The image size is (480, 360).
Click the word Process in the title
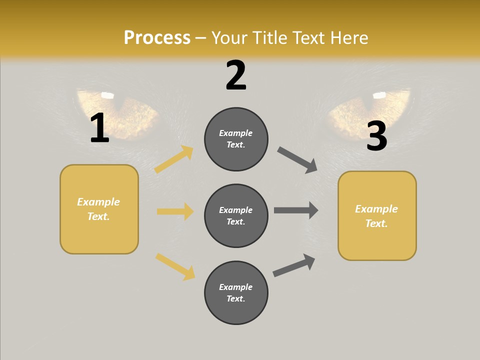pyautogui.click(x=157, y=38)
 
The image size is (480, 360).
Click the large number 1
pyautogui.click(x=99, y=128)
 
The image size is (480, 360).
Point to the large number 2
pyautogui.click(x=236, y=75)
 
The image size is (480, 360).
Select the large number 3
pyautogui.click(x=376, y=136)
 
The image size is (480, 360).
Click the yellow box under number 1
pyautogui.click(x=99, y=209)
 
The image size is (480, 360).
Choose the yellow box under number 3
pyautogui.click(x=377, y=215)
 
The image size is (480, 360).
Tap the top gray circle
pyautogui.click(x=236, y=139)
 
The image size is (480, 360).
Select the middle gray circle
pyautogui.click(x=236, y=215)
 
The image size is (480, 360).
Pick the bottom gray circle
pyautogui.click(x=236, y=292)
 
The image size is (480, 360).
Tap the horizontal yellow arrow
pyautogui.click(x=175, y=211)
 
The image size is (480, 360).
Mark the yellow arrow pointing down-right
pyautogui.click(x=175, y=266)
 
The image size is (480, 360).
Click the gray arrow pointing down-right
pyautogui.click(x=297, y=160)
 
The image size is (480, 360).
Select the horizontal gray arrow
pyautogui.click(x=296, y=210)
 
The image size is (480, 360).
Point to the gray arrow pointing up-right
pyautogui.click(x=294, y=265)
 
